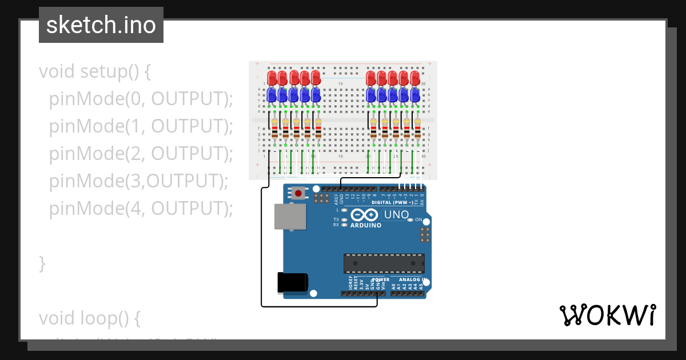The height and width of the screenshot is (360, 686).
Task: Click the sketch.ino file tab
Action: [x=101, y=25]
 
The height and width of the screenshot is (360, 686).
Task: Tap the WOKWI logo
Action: [x=607, y=315]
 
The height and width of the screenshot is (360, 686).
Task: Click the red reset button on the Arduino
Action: [x=298, y=193]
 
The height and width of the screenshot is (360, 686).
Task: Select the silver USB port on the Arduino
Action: [x=290, y=218]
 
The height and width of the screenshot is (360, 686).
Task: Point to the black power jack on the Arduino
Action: [x=292, y=282]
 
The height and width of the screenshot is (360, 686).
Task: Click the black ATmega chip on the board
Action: [x=384, y=263]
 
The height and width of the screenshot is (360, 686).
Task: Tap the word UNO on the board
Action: [x=396, y=215]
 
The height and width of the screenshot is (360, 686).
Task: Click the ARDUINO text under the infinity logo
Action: [x=366, y=225]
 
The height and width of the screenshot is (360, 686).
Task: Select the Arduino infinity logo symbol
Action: [x=365, y=215]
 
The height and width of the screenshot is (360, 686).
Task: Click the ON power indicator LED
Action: [x=410, y=220]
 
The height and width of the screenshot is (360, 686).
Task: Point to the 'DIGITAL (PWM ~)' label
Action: [x=394, y=203]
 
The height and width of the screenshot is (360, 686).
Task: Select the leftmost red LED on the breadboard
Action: [x=272, y=78]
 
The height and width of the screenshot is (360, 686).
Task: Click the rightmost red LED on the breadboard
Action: [x=415, y=78]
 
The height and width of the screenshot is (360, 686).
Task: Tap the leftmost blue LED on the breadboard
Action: [x=272, y=94]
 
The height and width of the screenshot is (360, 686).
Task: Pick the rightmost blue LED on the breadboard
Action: [x=415, y=94]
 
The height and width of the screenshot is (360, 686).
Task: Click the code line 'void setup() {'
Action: [x=95, y=72]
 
